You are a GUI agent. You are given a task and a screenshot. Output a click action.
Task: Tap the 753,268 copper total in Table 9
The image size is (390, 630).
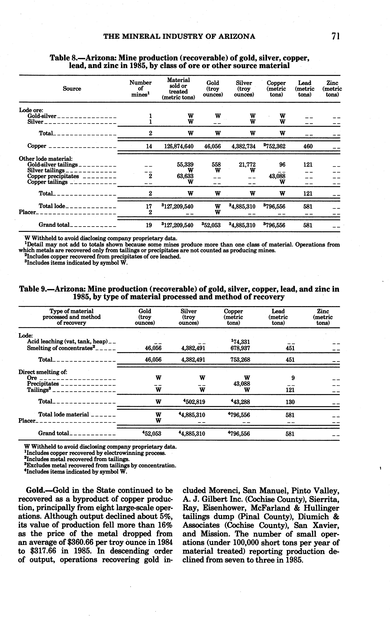pos(240,360)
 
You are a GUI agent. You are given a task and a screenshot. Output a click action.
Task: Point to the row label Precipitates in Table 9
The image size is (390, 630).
pos(43,384)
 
